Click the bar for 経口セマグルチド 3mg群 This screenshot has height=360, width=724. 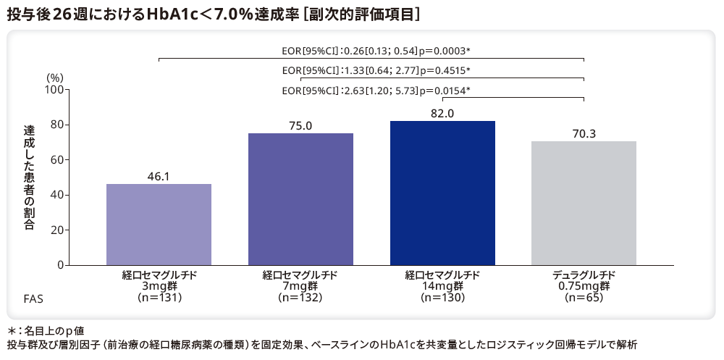click(x=159, y=225)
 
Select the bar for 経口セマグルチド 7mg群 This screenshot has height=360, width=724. click(x=300, y=199)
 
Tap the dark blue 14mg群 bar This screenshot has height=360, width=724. click(x=442, y=193)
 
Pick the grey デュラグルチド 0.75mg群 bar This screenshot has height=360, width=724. click(x=584, y=204)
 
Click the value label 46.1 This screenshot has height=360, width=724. click(x=159, y=175)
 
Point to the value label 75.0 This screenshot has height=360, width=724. click(x=300, y=125)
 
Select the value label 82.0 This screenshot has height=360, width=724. click(x=442, y=113)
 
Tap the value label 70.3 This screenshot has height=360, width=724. click(x=584, y=133)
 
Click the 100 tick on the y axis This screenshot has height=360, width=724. click(x=55, y=90)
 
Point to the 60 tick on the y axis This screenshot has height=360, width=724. click(x=58, y=160)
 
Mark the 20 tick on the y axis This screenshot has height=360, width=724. click(x=58, y=230)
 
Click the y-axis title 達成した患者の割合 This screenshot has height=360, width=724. click(x=29, y=177)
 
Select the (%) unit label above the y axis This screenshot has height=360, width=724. click(x=56, y=78)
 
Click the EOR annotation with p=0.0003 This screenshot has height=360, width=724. click(x=376, y=51)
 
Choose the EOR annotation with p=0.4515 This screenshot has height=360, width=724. click(x=376, y=70)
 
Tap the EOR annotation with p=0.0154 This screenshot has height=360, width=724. click(x=376, y=91)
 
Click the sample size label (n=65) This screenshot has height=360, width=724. click(x=584, y=298)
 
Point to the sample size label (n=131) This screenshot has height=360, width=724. click(x=159, y=298)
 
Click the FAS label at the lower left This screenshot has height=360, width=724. click(x=33, y=298)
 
